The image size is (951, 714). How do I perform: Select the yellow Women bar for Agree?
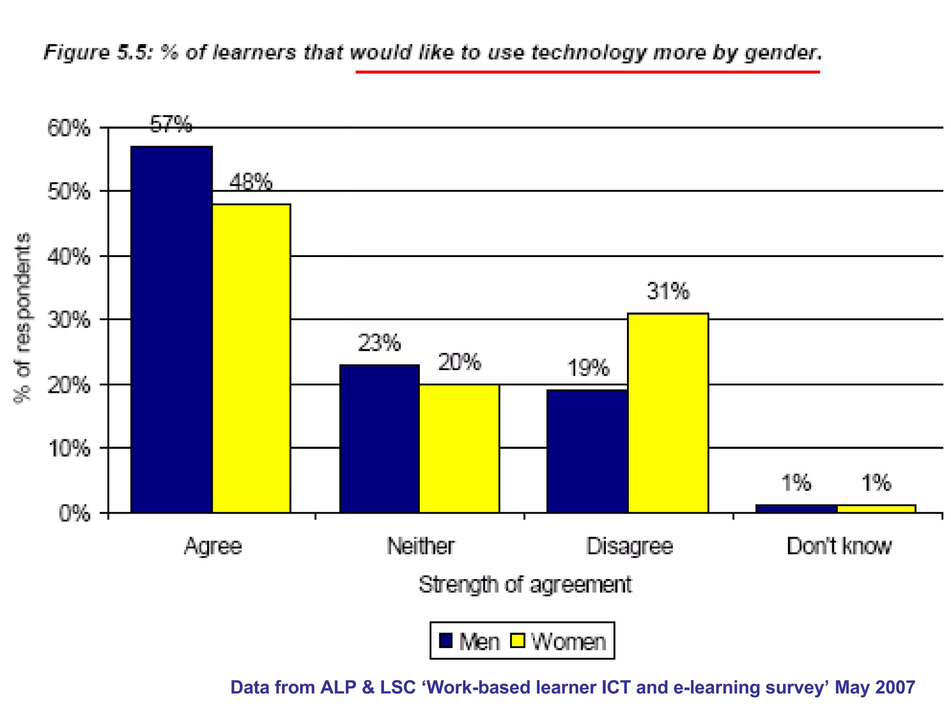[251, 358]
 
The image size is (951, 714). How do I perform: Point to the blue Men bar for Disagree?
[587, 451]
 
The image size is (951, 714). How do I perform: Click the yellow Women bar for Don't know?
[876, 509]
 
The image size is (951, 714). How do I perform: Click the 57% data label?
[171, 125]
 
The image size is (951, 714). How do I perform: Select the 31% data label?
[668, 291]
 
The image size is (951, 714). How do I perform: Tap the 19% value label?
[587, 368]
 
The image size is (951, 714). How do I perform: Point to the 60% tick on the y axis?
[69, 128]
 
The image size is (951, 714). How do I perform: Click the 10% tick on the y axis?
[69, 449]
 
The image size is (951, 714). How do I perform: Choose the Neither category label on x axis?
[421, 546]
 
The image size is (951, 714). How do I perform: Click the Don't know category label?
[839, 546]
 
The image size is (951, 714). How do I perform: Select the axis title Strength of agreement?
[525, 584]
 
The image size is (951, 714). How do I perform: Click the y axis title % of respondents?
[22, 318]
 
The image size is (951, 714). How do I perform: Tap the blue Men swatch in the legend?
[446, 641]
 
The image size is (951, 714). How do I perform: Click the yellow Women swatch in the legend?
[517, 641]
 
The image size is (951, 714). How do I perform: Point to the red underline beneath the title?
[587, 72]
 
